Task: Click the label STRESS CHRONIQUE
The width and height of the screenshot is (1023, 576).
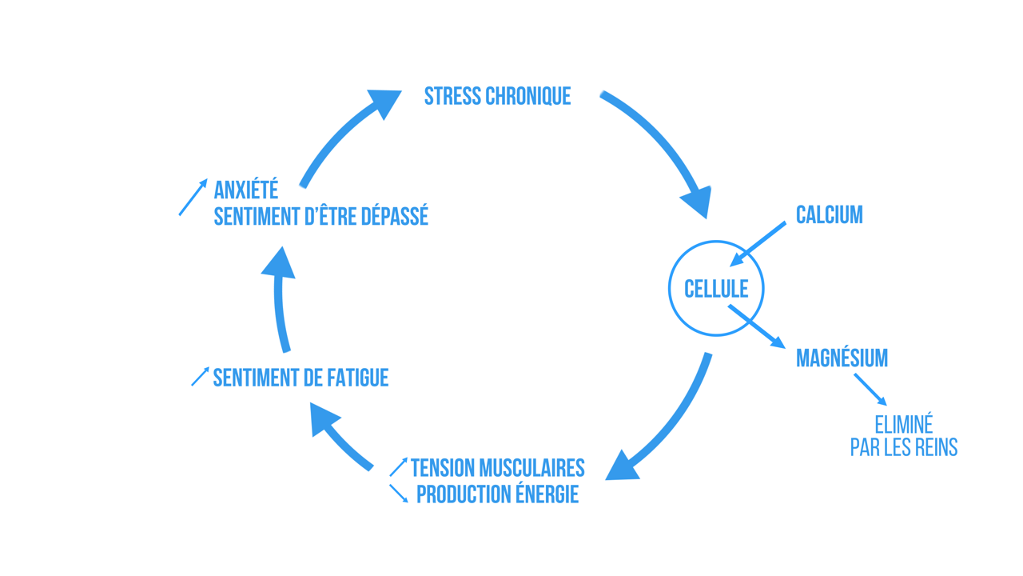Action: tap(497, 96)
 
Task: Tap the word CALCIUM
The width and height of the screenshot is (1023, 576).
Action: tap(829, 214)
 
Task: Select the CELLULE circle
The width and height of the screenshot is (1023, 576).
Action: tap(716, 288)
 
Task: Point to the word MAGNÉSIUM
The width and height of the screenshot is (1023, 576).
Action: tap(842, 358)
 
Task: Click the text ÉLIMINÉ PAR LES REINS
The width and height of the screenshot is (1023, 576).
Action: tap(903, 435)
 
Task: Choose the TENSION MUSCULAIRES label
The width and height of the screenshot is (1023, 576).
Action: tap(497, 467)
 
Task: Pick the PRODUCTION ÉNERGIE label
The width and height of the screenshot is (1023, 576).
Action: tap(497, 494)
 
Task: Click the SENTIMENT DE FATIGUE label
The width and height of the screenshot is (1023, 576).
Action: tap(301, 378)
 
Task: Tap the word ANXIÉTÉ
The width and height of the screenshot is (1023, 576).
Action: tap(246, 190)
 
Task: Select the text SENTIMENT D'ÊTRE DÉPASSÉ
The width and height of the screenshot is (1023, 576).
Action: tap(320, 216)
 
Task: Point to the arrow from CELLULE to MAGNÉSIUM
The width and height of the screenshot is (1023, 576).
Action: tap(756, 326)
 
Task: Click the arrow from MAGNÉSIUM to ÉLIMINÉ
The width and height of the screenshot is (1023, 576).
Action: tap(870, 389)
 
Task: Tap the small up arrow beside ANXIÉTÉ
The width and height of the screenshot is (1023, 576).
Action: tap(193, 197)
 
